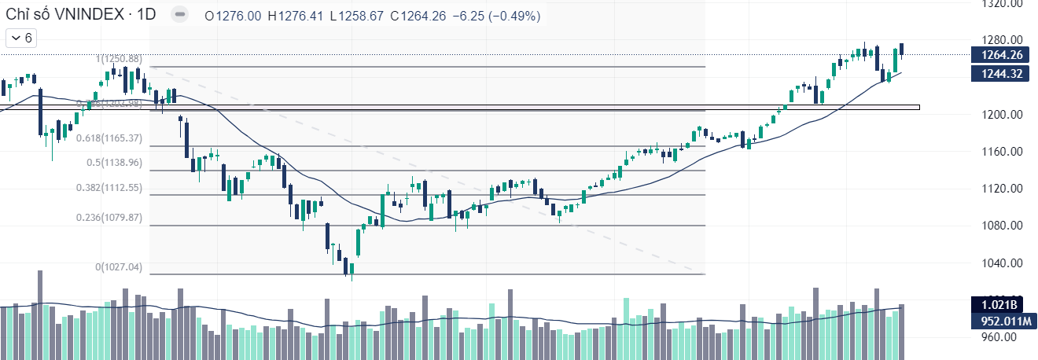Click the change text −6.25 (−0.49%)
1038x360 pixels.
[x=496, y=16]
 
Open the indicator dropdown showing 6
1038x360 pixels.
[x=20, y=38]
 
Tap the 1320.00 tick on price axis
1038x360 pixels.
[x=1003, y=4]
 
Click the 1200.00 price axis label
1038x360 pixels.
[x=1003, y=115]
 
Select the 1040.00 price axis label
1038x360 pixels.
[x=1003, y=263]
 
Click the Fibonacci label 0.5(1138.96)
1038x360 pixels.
[x=114, y=163]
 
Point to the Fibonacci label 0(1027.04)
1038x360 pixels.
[x=119, y=267]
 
